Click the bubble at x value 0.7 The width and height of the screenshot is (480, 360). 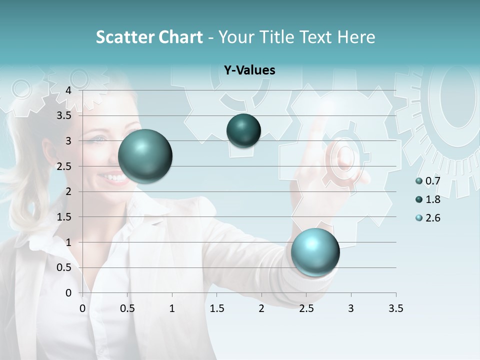pos(145,156)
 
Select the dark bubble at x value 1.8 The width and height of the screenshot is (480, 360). pos(243,130)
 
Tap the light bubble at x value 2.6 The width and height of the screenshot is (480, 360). pos(315,252)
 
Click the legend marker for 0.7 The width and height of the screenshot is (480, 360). pos(419,181)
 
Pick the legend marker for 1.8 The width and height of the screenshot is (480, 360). pos(419,199)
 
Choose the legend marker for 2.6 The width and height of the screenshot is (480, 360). pos(419,218)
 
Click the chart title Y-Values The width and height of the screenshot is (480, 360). pos(249,70)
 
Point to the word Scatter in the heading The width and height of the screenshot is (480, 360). pos(124,37)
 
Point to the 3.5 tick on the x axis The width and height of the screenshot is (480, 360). pos(395,308)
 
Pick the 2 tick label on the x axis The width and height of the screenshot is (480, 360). pos(261,308)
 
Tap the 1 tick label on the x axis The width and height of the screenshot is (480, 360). pos(172,308)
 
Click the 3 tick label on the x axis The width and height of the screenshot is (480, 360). pos(351,308)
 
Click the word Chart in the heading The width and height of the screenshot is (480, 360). pos(180,37)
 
